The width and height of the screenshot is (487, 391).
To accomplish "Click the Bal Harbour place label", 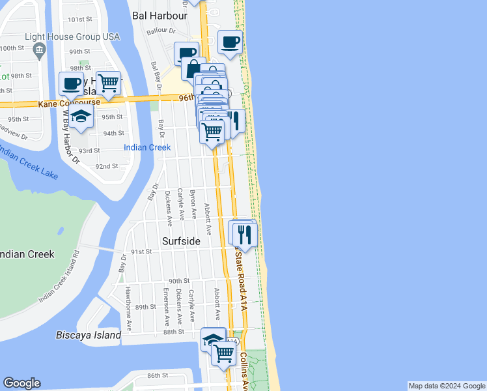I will coord(160,14).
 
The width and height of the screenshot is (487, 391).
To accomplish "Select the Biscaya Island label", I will coord(89,335).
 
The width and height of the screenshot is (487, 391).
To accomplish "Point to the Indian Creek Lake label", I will coord(28,163).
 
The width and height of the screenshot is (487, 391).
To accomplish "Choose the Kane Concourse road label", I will coord(69,102).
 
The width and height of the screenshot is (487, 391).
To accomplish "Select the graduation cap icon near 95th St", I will coord(81,116).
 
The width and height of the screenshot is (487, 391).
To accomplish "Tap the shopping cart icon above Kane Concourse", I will coord(109,82).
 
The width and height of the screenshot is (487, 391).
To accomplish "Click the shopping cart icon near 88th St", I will coord(223,353).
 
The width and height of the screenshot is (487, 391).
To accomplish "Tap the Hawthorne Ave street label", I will coord(129,306).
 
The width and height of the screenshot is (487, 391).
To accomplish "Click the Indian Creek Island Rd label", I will coord(58,276).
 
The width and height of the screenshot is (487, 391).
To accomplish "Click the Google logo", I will coord(21,383).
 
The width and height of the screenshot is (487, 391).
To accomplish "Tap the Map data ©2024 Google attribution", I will coord(447,386).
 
